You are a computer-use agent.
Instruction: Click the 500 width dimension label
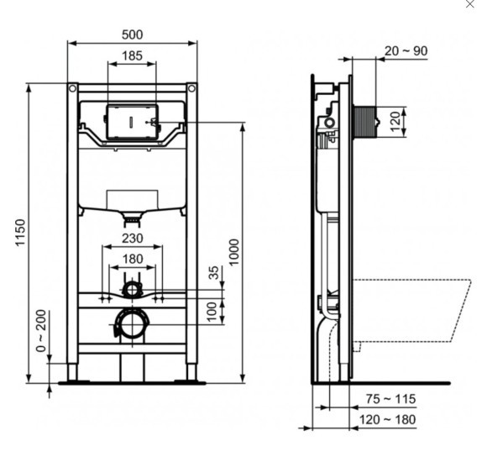[x=132, y=34]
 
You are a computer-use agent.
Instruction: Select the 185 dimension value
[x=132, y=55]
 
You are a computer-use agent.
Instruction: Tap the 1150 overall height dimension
[x=19, y=234]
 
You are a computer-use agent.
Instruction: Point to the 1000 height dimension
[x=234, y=252]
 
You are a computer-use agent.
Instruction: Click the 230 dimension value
[x=132, y=239]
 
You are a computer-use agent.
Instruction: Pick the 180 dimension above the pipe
[x=132, y=259]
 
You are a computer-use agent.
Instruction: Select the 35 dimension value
[x=213, y=273]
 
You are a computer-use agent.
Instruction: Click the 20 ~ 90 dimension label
[x=406, y=51]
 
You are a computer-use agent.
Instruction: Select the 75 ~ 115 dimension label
[x=390, y=399]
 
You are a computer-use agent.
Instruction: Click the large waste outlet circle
[x=131, y=323]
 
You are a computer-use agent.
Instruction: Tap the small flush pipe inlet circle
[x=132, y=290]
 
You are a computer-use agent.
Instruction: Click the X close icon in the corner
[x=469, y=5]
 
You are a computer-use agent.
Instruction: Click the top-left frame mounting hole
[x=72, y=88]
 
